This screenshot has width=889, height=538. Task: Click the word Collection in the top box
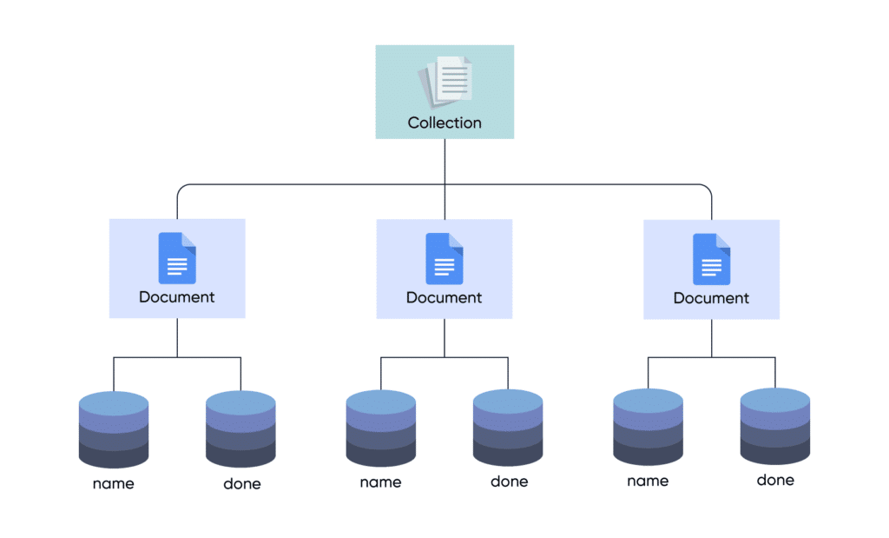coord(444,123)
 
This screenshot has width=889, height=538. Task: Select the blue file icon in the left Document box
coord(177,258)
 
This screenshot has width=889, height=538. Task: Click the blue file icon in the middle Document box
coord(444,258)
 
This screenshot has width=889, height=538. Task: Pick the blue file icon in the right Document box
coord(711,258)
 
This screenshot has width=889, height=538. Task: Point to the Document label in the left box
coord(177,297)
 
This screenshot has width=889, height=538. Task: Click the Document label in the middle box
coord(444,297)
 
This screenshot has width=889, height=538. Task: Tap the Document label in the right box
coord(711,297)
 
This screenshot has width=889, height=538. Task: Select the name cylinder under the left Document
coord(114,429)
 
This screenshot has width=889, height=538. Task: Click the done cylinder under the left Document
coord(240,429)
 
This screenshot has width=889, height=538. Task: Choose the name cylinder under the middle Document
coord(380,428)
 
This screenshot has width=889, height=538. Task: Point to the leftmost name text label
coord(114,483)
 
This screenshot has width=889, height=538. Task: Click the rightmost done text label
coord(775,480)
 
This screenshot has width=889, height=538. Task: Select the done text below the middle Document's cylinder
coord(509,482)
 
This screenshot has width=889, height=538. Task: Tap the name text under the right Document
coord(648,481)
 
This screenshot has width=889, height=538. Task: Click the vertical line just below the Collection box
coord(444,161)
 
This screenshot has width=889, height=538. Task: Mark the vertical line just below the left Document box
coord(177,337)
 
